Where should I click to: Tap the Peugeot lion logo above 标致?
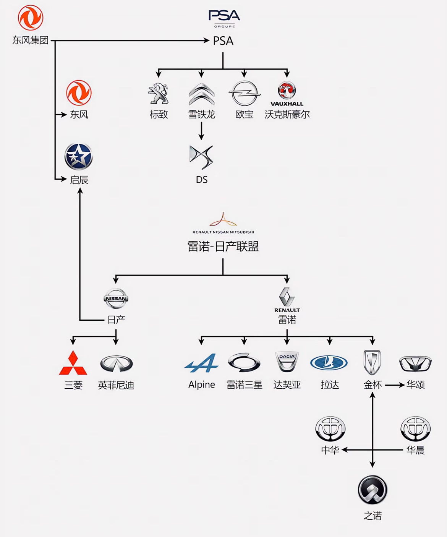pyautogui.click(x=159, y=93)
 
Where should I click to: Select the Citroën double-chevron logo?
pyautogui.click(x=201, y=94)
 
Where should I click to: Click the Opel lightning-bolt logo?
pyautogui.click(x=244, y=93)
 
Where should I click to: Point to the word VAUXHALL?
pyautogui.click(x=287, y=104)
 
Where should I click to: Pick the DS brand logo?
pyautogui.click(x=201, y=157)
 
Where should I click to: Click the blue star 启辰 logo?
pyautogui.click(x=79, y=157)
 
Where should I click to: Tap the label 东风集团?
pyautogui.click(x=31, y=41)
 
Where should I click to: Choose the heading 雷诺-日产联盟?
pyautogui.click(x=223, y=247)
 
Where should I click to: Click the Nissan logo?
pyautogui.click(x=116, y=299)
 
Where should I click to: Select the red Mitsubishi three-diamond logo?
pyautogui.click(x=73, y=363)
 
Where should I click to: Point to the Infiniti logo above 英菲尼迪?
pyautogui.click(x=116, y=363)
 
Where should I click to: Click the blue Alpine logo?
pyautogui.click(x=201, y=363)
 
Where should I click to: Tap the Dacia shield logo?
pyautogui.click(x=287, y=362)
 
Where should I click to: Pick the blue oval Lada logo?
pyautogui.click(x=329, y=363)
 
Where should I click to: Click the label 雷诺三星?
pyautogui.click(x=244, y=385)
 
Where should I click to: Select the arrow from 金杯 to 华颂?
pyautogui.click(x=394, y=385)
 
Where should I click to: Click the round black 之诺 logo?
pyautogui.click(x=372, y=490)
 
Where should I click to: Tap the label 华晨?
pyautogui.click(x=415, y=450)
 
